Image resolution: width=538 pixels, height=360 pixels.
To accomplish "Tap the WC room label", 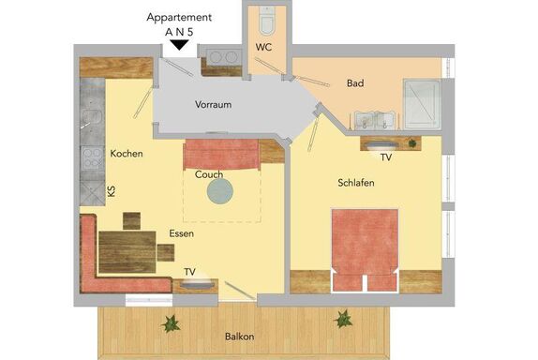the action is pos(263,48).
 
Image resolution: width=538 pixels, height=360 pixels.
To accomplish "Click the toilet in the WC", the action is pos(266,21).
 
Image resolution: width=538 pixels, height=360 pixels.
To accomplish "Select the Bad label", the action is pos(355,83).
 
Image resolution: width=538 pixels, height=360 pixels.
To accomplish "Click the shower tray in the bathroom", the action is pos(422,104).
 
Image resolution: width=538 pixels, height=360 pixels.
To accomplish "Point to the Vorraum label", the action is pos(213,104).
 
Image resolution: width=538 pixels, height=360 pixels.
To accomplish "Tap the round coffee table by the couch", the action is pos(220,191).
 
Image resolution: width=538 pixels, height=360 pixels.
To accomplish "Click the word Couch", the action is pos(209,174).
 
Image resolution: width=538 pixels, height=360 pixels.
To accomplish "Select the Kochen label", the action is pos(127,154).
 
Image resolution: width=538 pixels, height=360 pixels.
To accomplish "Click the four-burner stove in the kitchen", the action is pos(92,158).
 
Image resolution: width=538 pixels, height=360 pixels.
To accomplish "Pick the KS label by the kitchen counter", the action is pos(112,191).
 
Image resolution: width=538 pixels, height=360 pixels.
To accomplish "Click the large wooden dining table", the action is pos(127,252).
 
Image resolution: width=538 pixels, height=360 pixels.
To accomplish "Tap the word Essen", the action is pos(182,233).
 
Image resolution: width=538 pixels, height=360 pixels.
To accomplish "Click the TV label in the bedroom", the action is pos(386,157).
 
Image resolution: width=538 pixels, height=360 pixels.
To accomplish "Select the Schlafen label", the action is pos(356,183).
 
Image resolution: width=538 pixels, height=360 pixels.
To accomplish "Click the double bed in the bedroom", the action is pos(365,250).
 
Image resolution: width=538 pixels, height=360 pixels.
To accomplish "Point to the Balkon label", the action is pos(240,337).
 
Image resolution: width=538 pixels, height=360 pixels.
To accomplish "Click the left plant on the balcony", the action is pos(171,323).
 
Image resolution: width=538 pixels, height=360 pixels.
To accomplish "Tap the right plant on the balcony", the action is pos(343,319).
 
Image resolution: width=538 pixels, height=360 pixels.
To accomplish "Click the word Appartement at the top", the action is pos(179,18).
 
